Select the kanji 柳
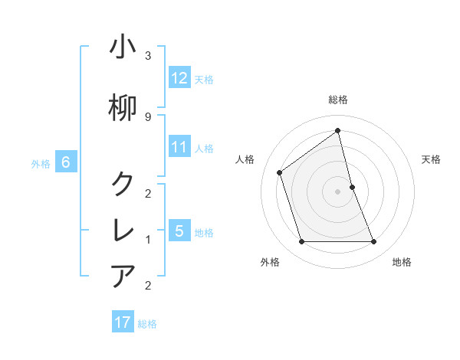(123, 108)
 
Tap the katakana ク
(123, 183)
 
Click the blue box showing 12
(179, 78)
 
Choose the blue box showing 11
(179, 147)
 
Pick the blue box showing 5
(179, 231)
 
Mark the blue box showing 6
(66, 162)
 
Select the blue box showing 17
(123, 322)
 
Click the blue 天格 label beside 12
(204, 79)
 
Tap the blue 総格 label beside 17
(147, 324)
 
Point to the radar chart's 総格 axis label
(338, 100)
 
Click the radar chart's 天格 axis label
(432, 159)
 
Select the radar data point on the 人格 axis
(280, 172)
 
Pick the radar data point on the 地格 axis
(374, 242)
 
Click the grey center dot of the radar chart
(338, 191)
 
